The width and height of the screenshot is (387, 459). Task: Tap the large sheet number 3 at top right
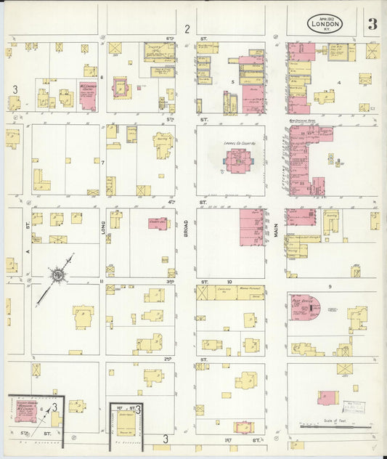372,23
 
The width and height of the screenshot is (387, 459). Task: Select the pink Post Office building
304,308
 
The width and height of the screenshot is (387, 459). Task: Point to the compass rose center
57,275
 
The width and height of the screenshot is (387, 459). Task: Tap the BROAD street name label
186,230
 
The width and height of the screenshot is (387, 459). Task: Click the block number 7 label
103,162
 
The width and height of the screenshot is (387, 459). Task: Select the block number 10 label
229,280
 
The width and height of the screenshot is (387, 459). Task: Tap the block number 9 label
329,288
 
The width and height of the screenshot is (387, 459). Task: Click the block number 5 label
232,82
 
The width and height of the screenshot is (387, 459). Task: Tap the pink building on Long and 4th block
158,223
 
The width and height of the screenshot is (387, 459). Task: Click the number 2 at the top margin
187,29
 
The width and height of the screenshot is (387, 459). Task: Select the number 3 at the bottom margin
166,439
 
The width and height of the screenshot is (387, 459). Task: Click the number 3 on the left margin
15,88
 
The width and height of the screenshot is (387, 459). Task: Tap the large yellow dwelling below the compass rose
83,317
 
